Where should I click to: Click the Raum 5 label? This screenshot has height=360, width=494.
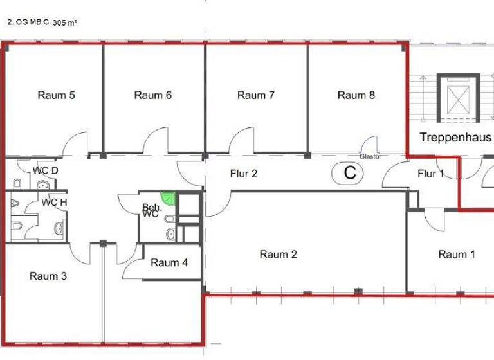coord(57,95)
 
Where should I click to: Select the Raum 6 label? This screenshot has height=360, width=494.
coord(153,95)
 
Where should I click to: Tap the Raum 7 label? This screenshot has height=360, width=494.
coord(256,95)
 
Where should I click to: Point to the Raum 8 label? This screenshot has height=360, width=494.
coord(356,95)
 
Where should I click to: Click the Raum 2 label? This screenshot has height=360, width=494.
coord(279,255)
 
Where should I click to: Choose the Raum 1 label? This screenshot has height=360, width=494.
coord(457,255)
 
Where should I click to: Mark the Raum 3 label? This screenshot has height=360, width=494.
coord(48,276)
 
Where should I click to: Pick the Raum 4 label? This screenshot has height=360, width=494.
coord(170,262)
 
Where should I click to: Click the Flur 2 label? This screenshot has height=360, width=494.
coord(244,173)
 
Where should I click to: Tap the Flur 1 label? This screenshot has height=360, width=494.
coord(431,173)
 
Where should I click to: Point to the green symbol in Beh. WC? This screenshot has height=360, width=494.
coord(168,197)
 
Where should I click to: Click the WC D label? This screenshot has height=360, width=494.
coord(46,170)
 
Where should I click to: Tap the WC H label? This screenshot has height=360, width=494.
coord(53,202)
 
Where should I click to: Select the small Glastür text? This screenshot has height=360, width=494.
coord(370,156)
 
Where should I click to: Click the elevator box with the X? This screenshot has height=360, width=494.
coord(459,98)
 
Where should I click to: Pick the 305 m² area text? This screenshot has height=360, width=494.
coord(65,21)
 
